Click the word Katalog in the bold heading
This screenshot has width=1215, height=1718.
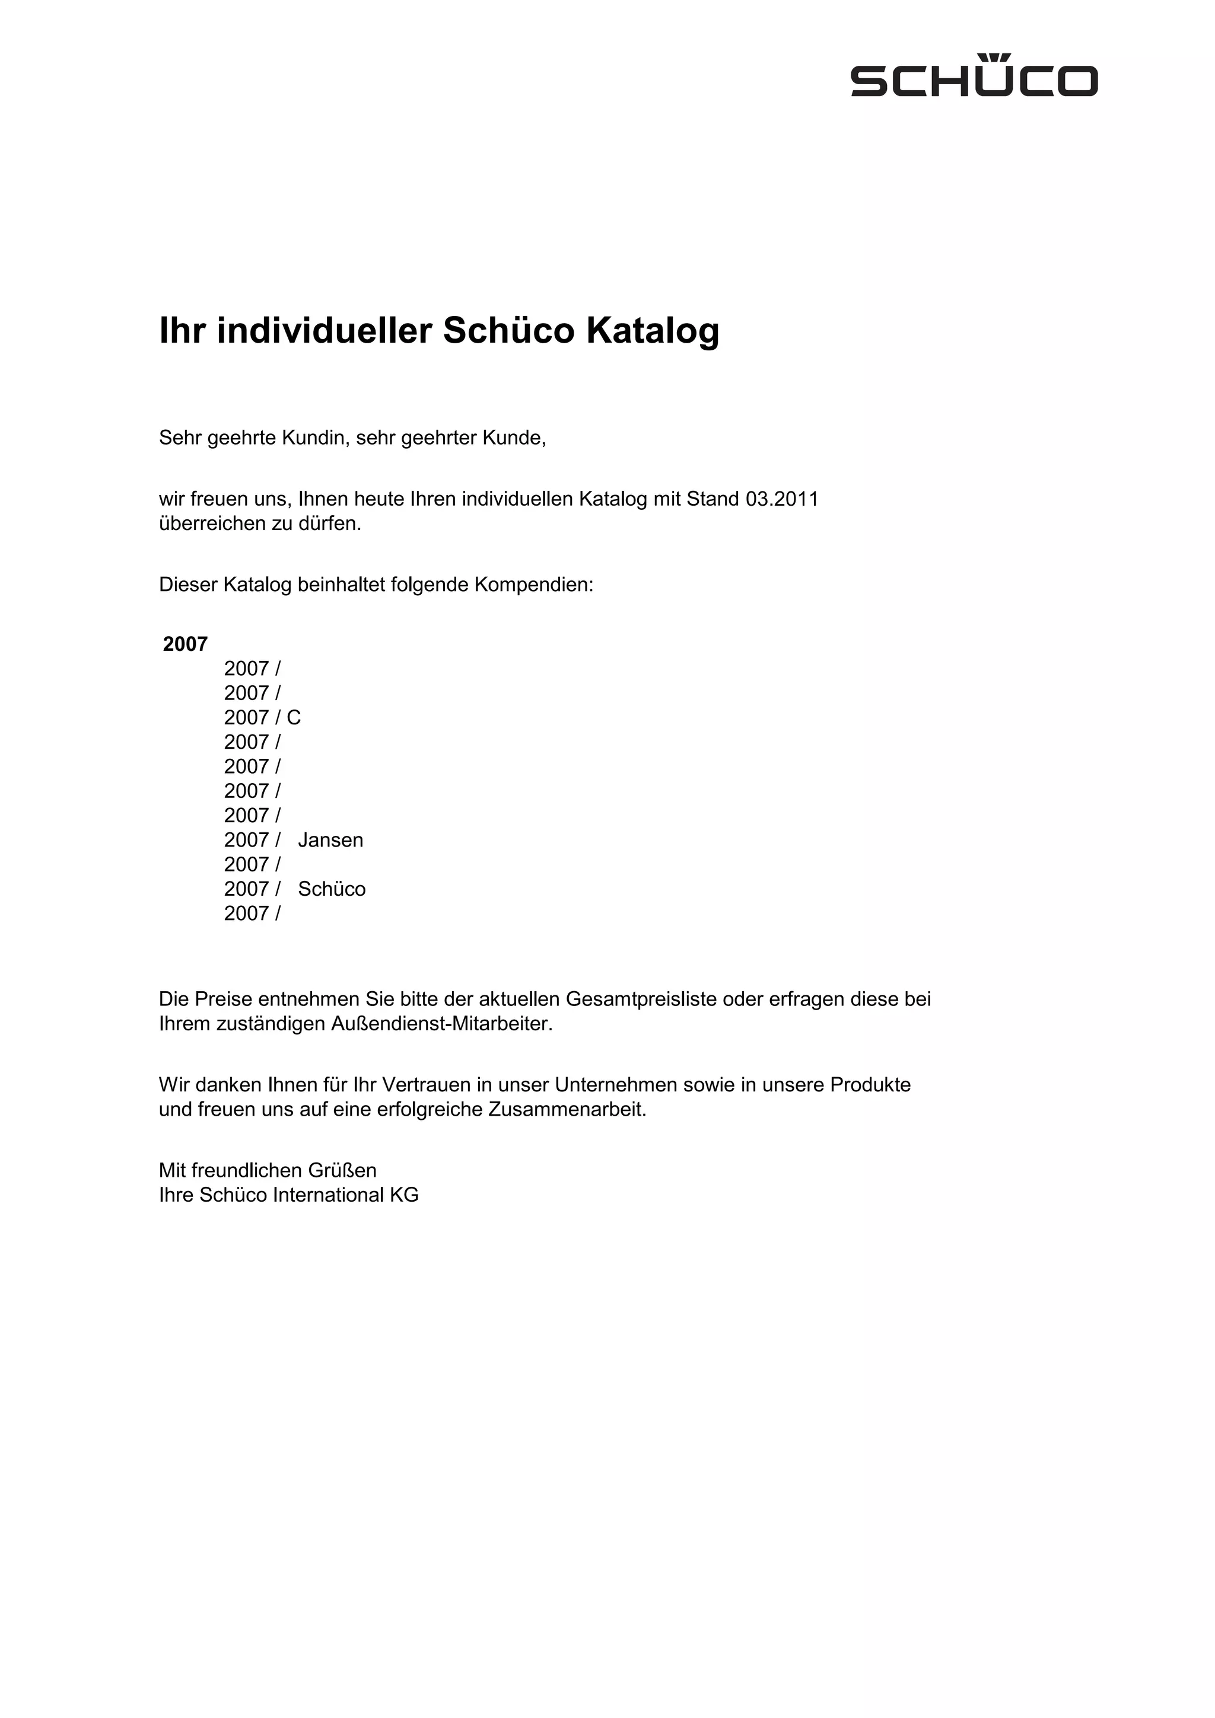[x=652, y=331]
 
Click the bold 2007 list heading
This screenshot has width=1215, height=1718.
[x=185, y=644]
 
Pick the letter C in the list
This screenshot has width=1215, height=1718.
[x=294, y=717]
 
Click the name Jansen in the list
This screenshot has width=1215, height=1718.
[x=330, y=840]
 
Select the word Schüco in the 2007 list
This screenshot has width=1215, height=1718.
[x=332, y=889]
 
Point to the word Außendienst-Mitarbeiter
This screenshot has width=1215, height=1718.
[x=441, y=1024]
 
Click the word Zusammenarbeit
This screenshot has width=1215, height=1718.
[x=567, y=1109]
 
